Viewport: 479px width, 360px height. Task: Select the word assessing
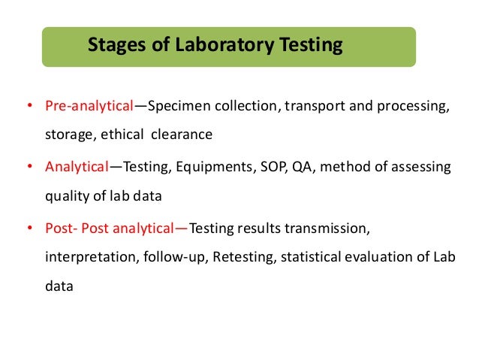coord(423,166)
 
